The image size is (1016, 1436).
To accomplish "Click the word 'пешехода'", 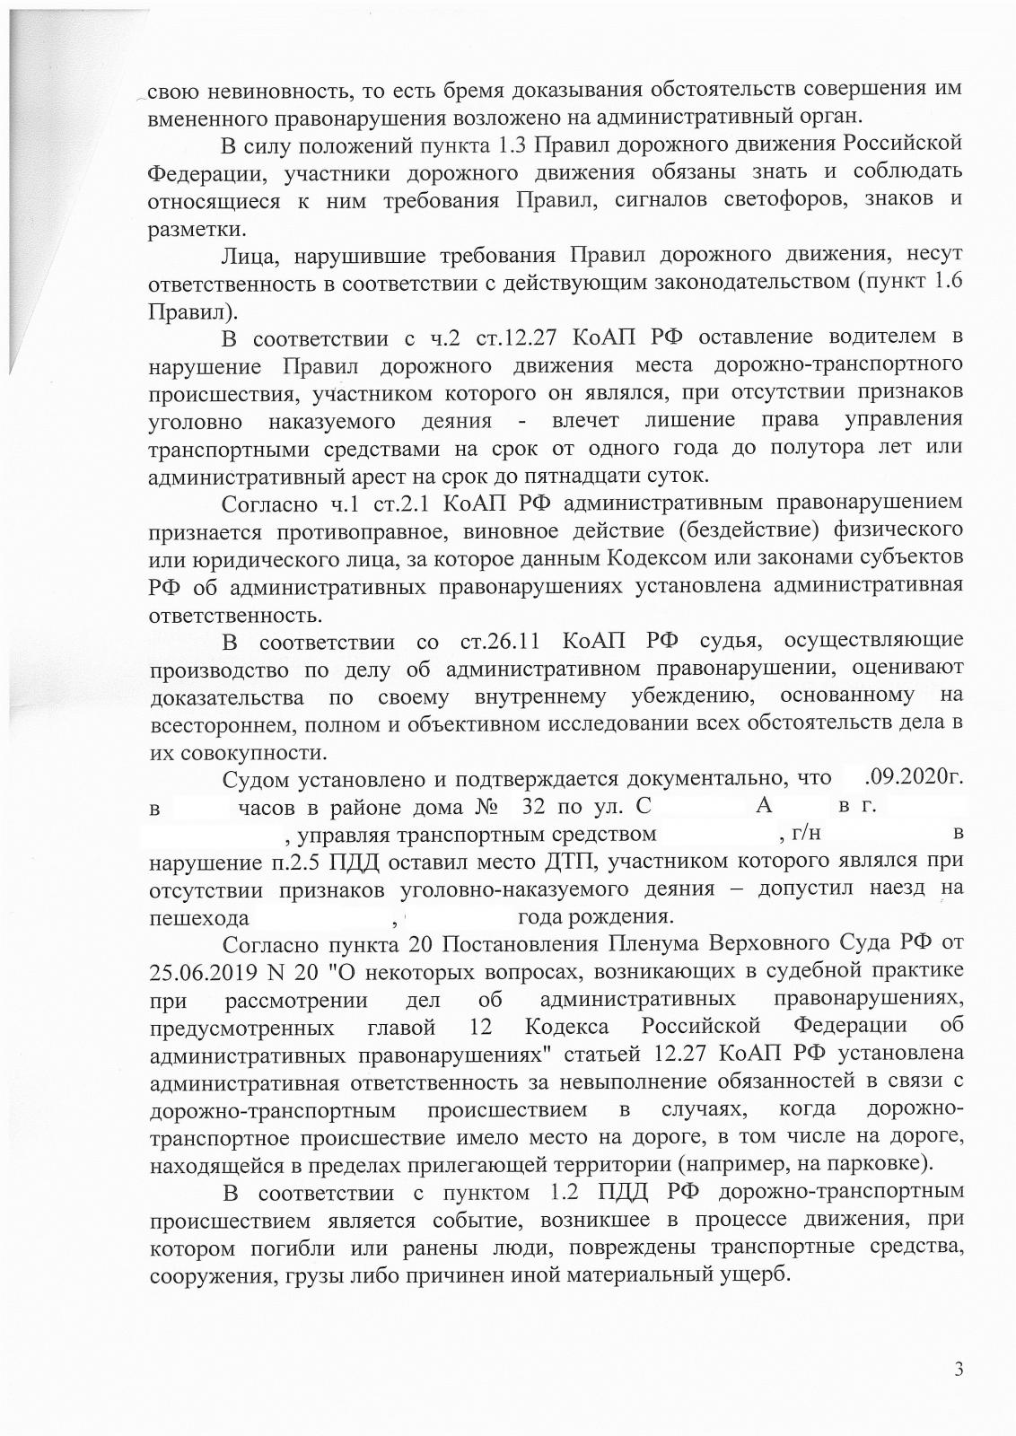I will (x=198, y=919).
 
